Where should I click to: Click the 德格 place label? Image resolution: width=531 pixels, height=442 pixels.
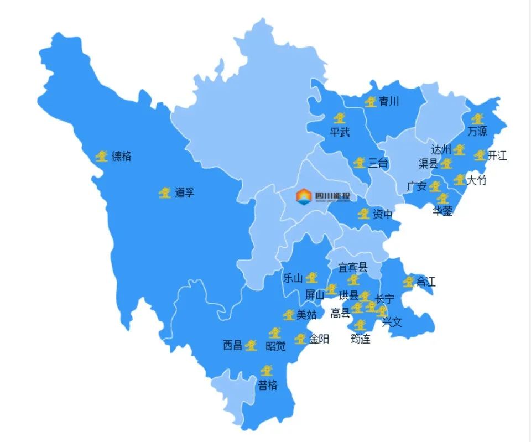[121, 157]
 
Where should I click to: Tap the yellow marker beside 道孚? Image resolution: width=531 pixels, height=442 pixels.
[164, 193]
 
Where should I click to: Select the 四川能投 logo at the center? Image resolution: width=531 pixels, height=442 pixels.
[326, 195]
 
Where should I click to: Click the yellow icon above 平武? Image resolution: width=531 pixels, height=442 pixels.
[340, 118]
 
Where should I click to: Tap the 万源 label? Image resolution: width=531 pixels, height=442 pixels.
[477, 132]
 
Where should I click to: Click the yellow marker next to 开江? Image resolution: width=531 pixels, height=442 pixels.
[479, 155]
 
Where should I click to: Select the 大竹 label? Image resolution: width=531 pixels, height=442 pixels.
[476, 180]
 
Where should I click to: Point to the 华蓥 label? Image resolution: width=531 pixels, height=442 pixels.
[442, 211]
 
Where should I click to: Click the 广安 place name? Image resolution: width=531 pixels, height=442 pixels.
[417, 186]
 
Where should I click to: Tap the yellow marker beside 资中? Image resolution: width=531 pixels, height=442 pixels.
[363, 214]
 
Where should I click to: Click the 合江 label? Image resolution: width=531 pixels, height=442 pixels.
[425, 282]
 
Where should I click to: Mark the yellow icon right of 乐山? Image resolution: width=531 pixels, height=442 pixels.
[312, 277]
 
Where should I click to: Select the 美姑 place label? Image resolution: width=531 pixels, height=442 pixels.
[307, 315]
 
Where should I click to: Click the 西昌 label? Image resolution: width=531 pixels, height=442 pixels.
[232, 346]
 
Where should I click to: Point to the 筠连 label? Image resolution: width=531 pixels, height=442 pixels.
[361, 339]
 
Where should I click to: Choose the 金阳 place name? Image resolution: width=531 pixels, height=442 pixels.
[319, 339]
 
